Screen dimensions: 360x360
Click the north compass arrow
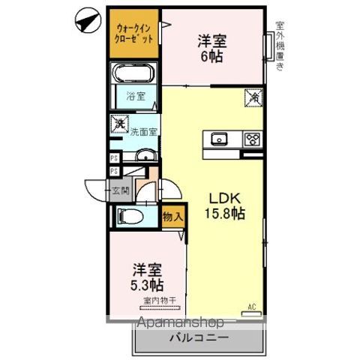tap(88, 21)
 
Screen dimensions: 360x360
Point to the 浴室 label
tap(135, 97)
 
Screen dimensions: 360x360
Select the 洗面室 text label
tap(143, 132)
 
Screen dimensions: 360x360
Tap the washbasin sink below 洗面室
tap(144, 155)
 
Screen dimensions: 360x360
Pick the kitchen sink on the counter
tap(220, 139)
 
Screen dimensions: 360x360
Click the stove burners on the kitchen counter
tap(251, 139)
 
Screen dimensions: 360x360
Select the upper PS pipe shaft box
tap(113, 157)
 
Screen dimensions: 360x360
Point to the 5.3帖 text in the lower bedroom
tap(148, 285)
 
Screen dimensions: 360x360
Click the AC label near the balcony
tap(253, 305)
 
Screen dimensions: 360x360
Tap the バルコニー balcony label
tap(199, 338)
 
